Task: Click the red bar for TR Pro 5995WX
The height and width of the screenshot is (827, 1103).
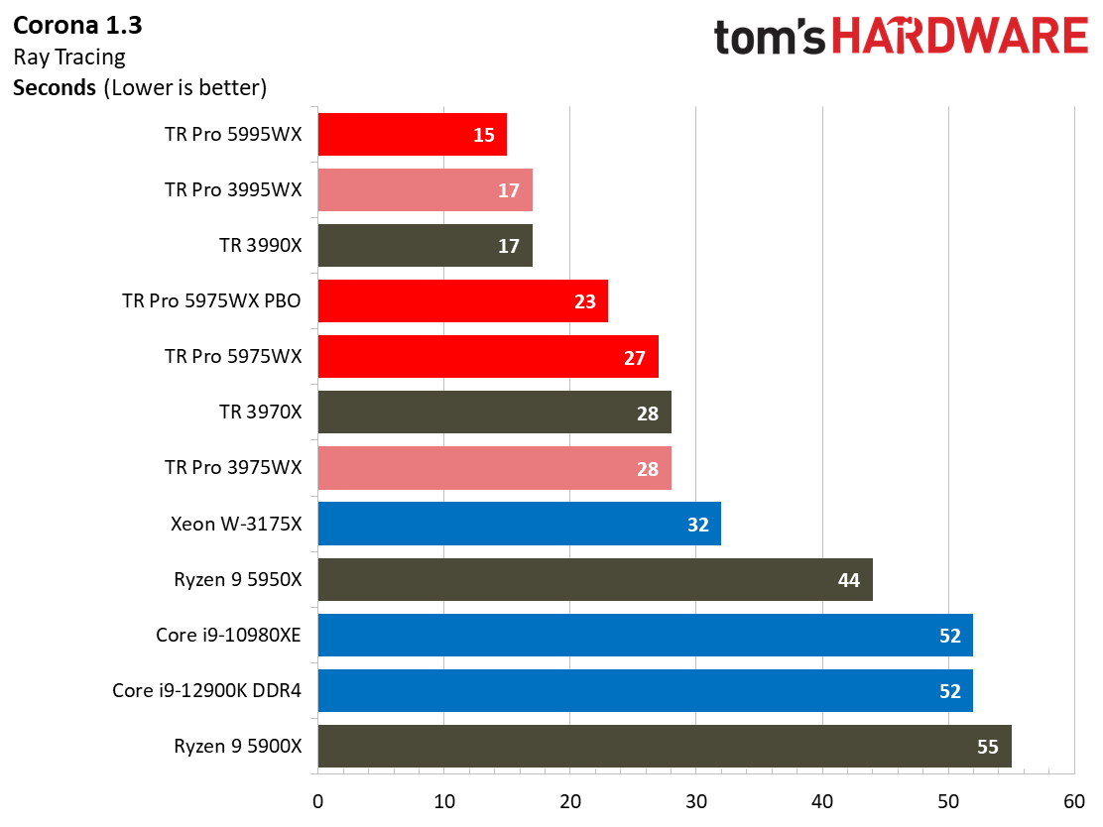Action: point(412,134)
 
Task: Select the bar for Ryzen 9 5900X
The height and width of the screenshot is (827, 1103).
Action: point(665,746)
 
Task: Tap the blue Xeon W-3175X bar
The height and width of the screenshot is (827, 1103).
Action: point(519,524)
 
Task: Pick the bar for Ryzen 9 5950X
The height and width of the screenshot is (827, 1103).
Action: point(595,579)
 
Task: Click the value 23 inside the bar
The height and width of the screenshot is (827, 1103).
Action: point(585,301)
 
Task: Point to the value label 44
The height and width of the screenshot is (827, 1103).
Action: point(848,580)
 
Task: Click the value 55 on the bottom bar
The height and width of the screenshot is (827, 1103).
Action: point(987,747)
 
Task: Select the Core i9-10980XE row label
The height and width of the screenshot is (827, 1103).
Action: point(228,635)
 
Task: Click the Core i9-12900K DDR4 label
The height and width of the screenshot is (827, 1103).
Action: point(206,690)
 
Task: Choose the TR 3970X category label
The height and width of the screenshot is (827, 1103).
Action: point(260,412)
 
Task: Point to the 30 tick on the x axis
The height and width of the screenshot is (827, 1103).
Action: point(696,800)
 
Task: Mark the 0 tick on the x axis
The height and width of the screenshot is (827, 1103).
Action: point(317,800)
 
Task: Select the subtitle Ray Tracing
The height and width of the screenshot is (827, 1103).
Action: point(69,56)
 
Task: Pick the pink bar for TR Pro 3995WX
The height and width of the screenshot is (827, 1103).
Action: point(425,189)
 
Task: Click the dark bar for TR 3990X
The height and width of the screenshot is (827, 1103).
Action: point(425,245)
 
